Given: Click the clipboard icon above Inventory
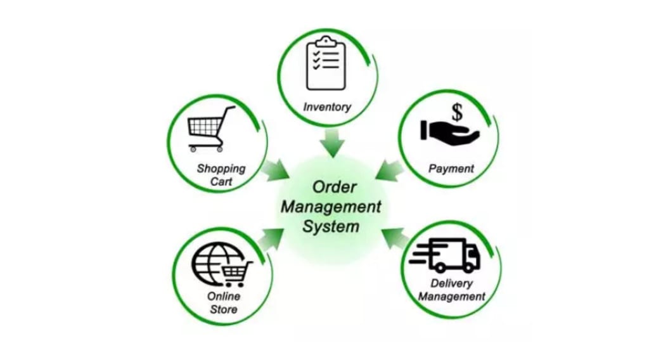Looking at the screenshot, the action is pyautogui.click(x=326, y=65).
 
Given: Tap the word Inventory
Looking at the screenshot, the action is pyautogui.click(x=327, y=107).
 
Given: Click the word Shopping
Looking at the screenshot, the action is pyautogui.click(x=221, y=169).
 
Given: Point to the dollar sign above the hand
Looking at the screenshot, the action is pyautogui.click(x=457, y=113).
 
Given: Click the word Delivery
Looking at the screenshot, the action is pyautogui.click(x=451, y=283).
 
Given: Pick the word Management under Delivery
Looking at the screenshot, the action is pyautogui.click(x=451, y=297).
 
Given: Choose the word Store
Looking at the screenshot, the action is pyautogui.click(x=222, y=309).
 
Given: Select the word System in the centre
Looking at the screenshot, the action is pyautogui.click(x=331, y=226).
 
